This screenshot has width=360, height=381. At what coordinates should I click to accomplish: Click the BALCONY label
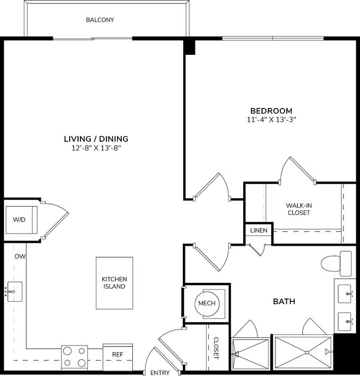coord(100,20)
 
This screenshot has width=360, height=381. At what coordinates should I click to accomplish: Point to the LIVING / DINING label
coord(96,138)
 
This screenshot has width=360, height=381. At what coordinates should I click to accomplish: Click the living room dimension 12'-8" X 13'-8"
coord(96,148)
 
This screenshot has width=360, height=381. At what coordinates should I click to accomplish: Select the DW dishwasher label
coord(20,256)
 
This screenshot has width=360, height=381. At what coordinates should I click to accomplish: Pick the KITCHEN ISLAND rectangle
coord(114,283)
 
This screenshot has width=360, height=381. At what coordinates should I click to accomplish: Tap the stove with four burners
coord(74,357)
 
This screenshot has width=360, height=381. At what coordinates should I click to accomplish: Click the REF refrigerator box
coord(117,354)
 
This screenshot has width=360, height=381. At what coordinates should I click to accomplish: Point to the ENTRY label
coord(160,373)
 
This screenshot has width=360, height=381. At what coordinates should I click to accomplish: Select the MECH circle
coord(207,303)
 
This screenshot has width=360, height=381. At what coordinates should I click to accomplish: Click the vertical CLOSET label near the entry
coord(216,348)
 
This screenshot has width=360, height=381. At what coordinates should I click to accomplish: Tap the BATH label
coord(284,302)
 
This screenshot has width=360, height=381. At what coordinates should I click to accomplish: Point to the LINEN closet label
coord(259,230)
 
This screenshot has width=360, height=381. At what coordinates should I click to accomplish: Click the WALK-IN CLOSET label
coord(299,209)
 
